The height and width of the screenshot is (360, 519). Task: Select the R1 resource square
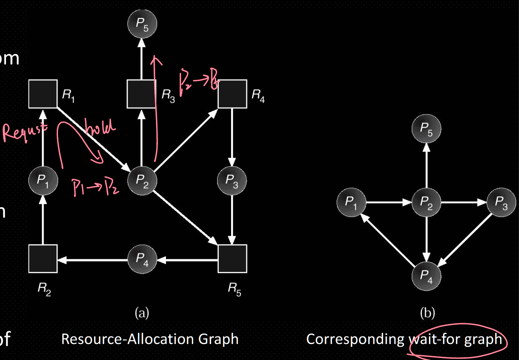coord(43,94)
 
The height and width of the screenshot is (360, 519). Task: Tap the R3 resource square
coord(141,94)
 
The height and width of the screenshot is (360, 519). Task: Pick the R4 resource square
coord(232,94)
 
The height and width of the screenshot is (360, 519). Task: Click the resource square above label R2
coord(43,259)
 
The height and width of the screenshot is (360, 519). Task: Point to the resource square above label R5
coord(232,259)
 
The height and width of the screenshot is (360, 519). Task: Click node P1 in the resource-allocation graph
coord(43,180)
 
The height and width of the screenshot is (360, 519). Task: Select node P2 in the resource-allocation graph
coord(142,180)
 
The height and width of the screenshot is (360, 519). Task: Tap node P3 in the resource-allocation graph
coord(232,180)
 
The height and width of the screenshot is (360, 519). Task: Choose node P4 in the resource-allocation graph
coord(142,259)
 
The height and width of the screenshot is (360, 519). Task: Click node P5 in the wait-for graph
coord(427,129)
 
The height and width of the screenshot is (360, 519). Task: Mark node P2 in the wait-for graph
coord(426,203)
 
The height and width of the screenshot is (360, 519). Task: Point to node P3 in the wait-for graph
coord(501,203)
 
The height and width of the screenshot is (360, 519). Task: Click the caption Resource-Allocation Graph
coord(150,339)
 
